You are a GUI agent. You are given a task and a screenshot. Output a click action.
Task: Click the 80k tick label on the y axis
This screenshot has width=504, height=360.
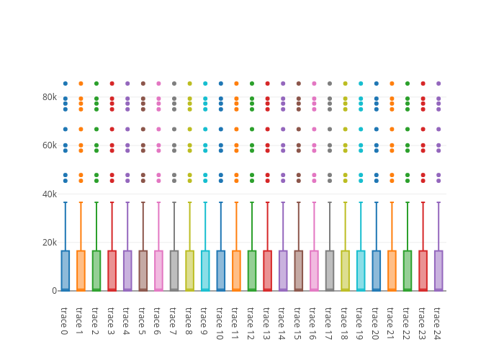[49, 97]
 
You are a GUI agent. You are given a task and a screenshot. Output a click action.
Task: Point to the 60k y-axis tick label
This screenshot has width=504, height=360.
[49, 145]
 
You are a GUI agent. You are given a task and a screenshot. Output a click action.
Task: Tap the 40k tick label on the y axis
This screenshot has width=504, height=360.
[49, 194]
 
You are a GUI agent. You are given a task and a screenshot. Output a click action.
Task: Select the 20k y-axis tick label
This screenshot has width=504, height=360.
[49, 243]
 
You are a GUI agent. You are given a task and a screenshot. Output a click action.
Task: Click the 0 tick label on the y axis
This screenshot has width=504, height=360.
[54, 291]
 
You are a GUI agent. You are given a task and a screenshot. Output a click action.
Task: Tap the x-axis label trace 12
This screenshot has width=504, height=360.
[251, 323]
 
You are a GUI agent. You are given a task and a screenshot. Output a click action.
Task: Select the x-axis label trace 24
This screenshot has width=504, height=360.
[438, 323]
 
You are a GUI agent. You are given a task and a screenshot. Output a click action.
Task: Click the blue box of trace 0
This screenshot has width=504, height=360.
[65, 270]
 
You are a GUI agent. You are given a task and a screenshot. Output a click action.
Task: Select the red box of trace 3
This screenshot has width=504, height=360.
[112, 270]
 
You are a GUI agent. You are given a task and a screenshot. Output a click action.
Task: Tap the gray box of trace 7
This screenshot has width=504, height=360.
[174, 270]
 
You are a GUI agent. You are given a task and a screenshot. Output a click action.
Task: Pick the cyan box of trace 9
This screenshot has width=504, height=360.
[205, 270]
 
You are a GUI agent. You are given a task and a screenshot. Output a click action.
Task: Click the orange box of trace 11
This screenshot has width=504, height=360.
[236, 270]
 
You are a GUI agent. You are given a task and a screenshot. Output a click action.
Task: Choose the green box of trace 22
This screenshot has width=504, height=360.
[407, 270]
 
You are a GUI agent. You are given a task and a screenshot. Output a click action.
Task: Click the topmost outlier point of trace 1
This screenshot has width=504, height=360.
[81, 84]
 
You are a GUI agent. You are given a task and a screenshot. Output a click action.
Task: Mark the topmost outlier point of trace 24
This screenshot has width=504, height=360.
[438, 84]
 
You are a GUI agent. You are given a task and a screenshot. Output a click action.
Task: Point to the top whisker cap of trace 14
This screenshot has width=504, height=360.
[283, 202]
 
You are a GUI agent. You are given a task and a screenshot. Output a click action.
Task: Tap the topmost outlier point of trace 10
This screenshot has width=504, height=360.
[220, 84]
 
